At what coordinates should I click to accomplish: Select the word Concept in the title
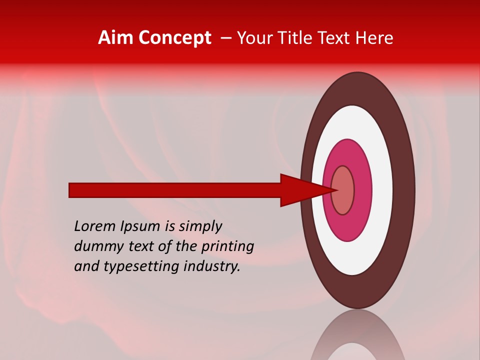[175, 38]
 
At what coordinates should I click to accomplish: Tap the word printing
[227, 247]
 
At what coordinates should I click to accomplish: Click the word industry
[212, 267]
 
